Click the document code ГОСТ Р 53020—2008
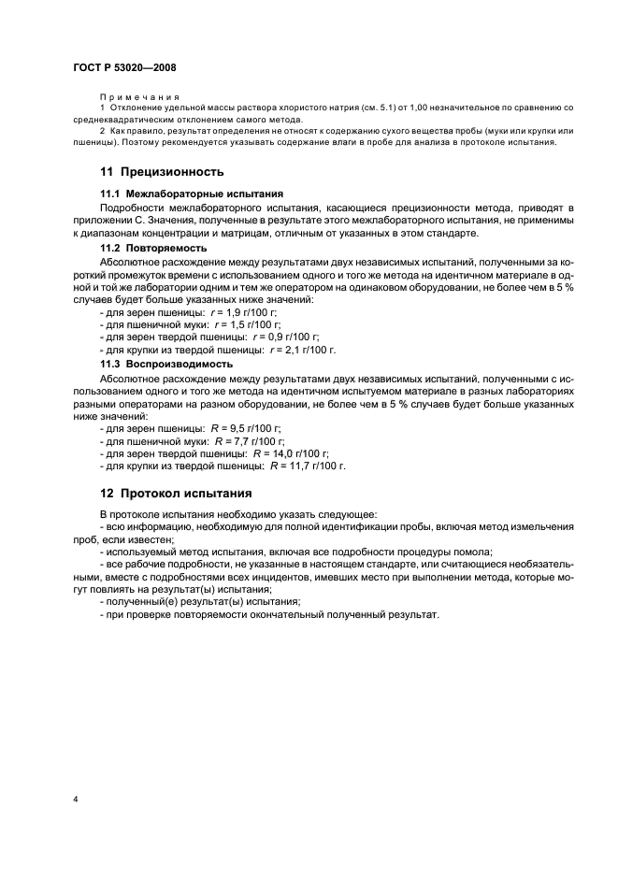click(124, 67)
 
